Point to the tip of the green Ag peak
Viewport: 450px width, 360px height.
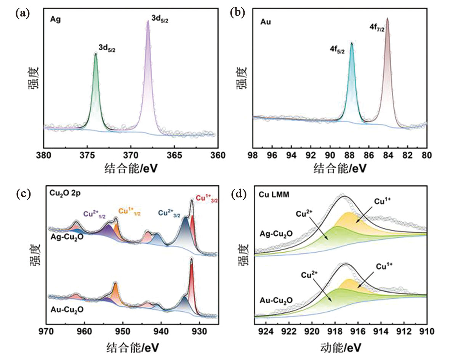[x=96, y=54]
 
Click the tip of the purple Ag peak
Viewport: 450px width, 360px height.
[x=148, y=21]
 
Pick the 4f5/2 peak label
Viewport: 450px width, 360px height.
[x=337, y=50]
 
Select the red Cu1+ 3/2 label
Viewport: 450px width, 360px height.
[x=206, y=198]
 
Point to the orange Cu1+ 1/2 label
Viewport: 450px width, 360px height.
[x=130, y=211]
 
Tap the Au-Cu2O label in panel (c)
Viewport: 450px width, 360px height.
[x=67, y=309]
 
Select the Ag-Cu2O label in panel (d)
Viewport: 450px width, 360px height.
[x=274, y=234]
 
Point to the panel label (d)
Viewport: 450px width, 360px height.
[x=239, y=194]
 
